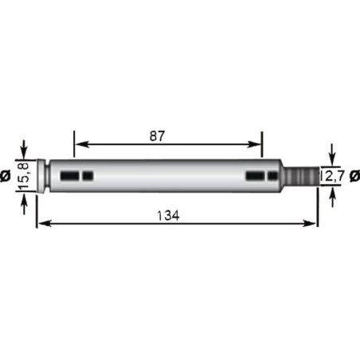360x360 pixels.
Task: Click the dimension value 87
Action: pos(157,136)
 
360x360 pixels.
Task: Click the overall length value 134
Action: pos(168,216)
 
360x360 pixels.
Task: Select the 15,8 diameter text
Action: pos(24,175)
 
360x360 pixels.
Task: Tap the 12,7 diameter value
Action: pos(332,176)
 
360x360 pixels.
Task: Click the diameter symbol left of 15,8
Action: pos(6,176)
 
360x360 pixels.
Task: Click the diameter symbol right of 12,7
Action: pos(355,176)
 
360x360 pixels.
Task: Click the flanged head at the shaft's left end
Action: pos(41,176)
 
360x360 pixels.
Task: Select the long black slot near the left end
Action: pos(70,176)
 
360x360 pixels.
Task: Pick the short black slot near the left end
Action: pos(88,176)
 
